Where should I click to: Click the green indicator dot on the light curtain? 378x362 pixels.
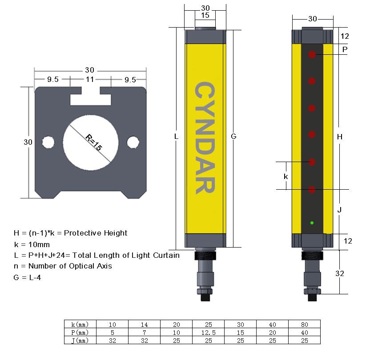(312, 222)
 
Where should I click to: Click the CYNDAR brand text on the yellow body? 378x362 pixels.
(205, 138)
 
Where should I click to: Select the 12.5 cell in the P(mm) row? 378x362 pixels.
(208, 332)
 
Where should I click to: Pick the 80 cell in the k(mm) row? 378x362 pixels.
(304, 324)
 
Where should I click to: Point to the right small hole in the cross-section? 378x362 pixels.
(132, 142)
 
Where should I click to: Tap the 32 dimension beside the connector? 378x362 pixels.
(340, 273)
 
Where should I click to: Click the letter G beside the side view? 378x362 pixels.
(233, 137)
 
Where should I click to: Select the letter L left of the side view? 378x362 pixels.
(177, 137)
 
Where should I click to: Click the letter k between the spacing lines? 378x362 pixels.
(286, 176)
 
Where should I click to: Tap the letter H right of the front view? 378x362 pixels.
(340, 137)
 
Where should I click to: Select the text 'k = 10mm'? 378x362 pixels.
(32, 244)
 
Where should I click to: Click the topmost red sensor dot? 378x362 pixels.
(312, 54)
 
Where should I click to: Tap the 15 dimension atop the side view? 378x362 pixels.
(205, 15)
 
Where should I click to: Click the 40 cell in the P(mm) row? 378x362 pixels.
(304, 332)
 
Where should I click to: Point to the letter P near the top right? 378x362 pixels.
(345, 49)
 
